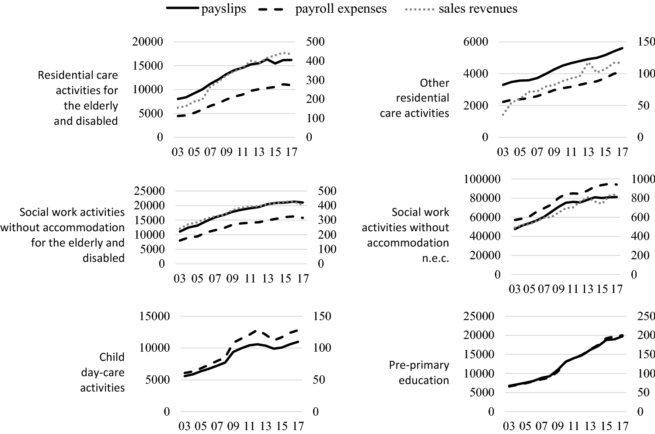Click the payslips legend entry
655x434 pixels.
(223, 9)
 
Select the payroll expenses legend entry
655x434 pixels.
(341, 9)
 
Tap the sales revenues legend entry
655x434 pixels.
(477, 9)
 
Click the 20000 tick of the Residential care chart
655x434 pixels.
(147, 42)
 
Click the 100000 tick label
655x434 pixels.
(476, 179)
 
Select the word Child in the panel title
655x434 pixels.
(112, 357)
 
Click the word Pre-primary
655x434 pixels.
(419, 365)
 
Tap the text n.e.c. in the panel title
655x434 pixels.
(436, 258)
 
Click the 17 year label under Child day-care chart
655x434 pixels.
(297, 426)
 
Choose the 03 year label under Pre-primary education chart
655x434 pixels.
(509, 426)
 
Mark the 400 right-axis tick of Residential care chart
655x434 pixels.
(315, 61)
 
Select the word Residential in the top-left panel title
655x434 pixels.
(78, 75)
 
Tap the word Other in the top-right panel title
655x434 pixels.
(434, 83)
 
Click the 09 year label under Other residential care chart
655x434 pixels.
(554, 152)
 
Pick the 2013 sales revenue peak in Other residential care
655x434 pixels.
(589, 64)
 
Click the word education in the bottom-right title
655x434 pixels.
(424, 380)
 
